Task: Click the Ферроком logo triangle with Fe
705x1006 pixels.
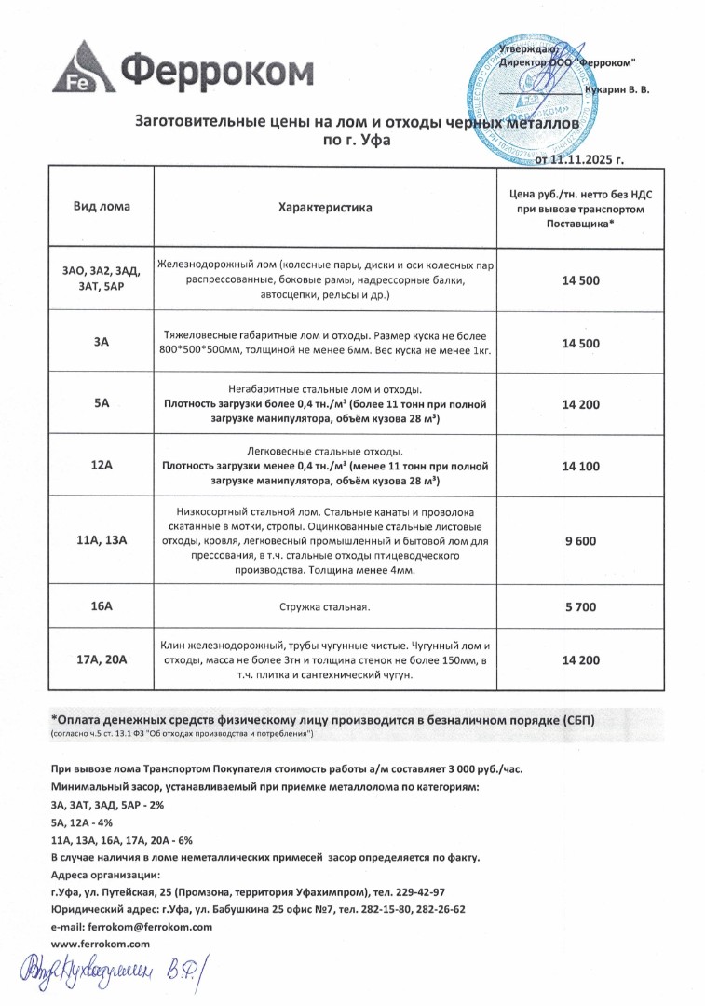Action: point(83,70)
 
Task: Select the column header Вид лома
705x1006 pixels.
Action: point(102,207)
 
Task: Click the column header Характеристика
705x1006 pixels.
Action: point(325,207)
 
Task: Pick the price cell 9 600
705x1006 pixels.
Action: point(580,543)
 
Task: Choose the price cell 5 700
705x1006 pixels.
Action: point(580,607)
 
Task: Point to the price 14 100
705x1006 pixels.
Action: point(580,465)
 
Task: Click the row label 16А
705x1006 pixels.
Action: point(102,607)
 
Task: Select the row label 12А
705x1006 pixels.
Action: point(102,465)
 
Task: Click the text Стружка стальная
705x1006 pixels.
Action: point(325,607)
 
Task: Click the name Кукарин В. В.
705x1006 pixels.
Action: point(617,89)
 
